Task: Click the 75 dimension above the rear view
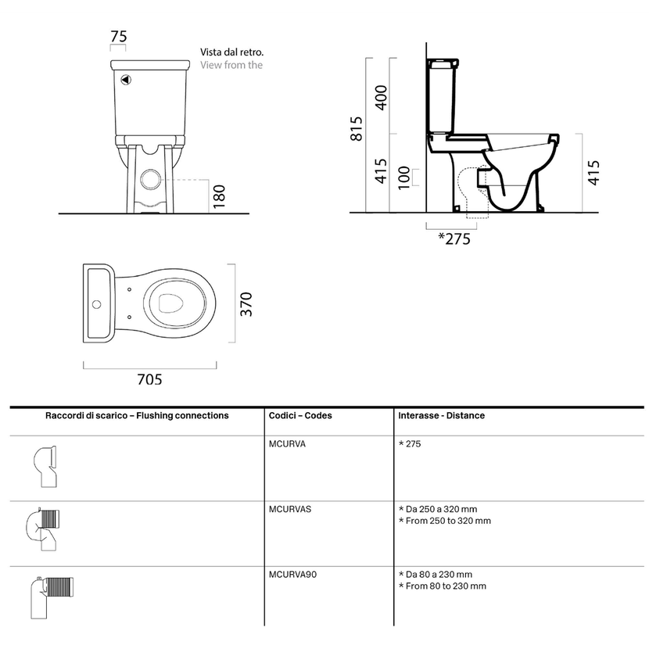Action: point(118,37)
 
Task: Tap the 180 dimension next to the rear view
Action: point(219,196)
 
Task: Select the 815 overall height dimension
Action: point(357,129)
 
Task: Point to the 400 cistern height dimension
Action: point(381,98)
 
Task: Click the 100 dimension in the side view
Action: point(404,177)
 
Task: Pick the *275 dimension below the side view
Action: point(454,238)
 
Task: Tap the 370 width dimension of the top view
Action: point(246,304)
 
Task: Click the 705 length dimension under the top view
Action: point(149,379)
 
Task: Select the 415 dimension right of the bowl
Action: point(593,173)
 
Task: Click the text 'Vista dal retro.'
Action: point(231,52)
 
